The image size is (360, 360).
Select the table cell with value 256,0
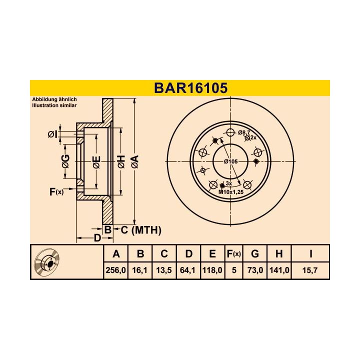click(x=115, y=270)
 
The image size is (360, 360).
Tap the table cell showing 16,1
click(x=140, y=270)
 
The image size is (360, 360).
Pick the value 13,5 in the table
click(x=164, y=270)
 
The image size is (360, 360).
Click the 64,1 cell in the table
click(x=188, y=270)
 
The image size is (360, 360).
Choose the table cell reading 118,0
click(x=212, y=270)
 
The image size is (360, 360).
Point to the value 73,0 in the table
click(x=255, y=270)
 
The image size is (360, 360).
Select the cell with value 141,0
click(x=279, y=270)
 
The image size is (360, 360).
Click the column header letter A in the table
click(x=115, y=254)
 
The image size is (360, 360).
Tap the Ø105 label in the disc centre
click(x=230, y=162)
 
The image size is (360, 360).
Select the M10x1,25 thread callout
click(x=230, y=191)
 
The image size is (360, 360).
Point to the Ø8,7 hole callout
click(x=245, y=132)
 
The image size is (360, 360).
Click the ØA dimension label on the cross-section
click(x=134, y=161)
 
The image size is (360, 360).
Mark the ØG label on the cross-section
click(x=65, y=161)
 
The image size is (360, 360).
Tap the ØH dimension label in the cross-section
click(x=120, y=161)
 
